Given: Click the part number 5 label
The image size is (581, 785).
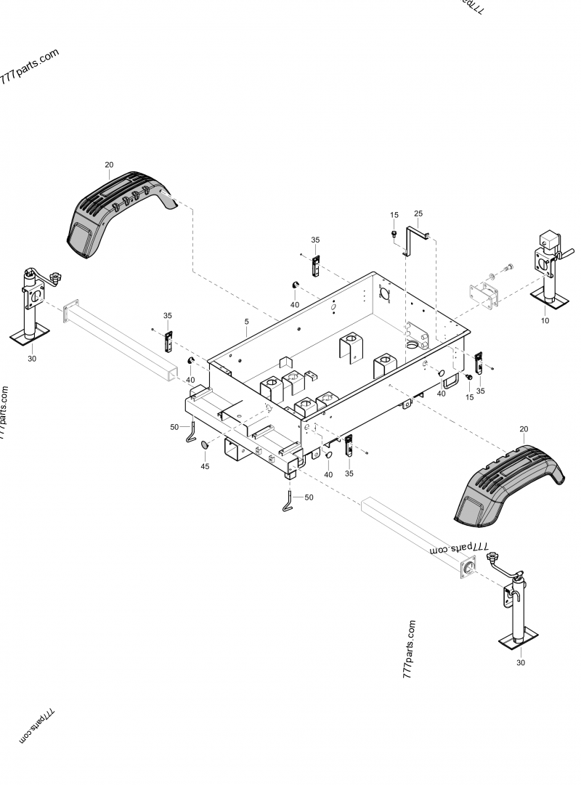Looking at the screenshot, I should [x=245, y=322].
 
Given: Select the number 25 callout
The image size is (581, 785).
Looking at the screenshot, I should [x=418, y=213].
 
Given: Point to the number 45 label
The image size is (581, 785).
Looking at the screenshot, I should [x=205, y=466].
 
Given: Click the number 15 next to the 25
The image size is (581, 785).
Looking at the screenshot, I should [x=394, y=215].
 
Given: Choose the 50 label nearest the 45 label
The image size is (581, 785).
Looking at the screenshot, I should [x=174, y=427].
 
